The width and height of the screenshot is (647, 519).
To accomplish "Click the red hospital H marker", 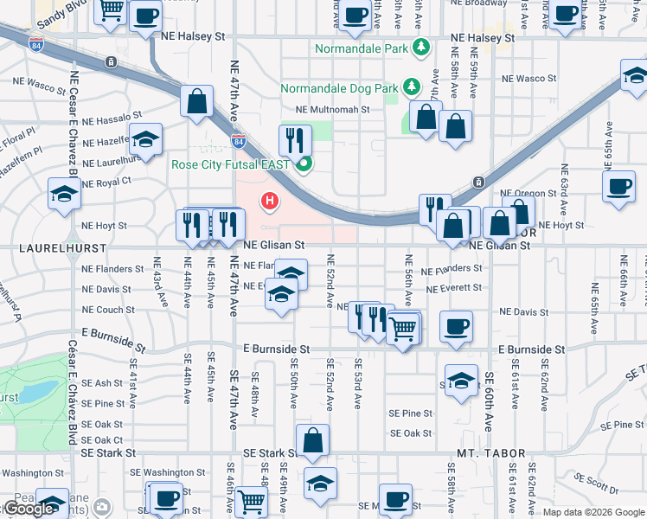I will click(x=270, y=202).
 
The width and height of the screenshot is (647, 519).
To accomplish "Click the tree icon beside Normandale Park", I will click(x=421, y=47).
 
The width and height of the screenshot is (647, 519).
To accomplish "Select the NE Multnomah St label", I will click(x=332, y=110).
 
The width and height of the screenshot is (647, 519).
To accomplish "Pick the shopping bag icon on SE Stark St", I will click(x=312, y=440).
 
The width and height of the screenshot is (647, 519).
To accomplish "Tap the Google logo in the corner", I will click(x=29, y=509).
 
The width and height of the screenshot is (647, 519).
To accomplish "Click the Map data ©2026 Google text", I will click(x=593, y=512).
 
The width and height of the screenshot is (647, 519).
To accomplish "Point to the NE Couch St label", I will click(x=109, y=310).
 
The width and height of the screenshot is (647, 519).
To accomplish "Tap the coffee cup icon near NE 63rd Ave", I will click(x=619, y=187).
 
